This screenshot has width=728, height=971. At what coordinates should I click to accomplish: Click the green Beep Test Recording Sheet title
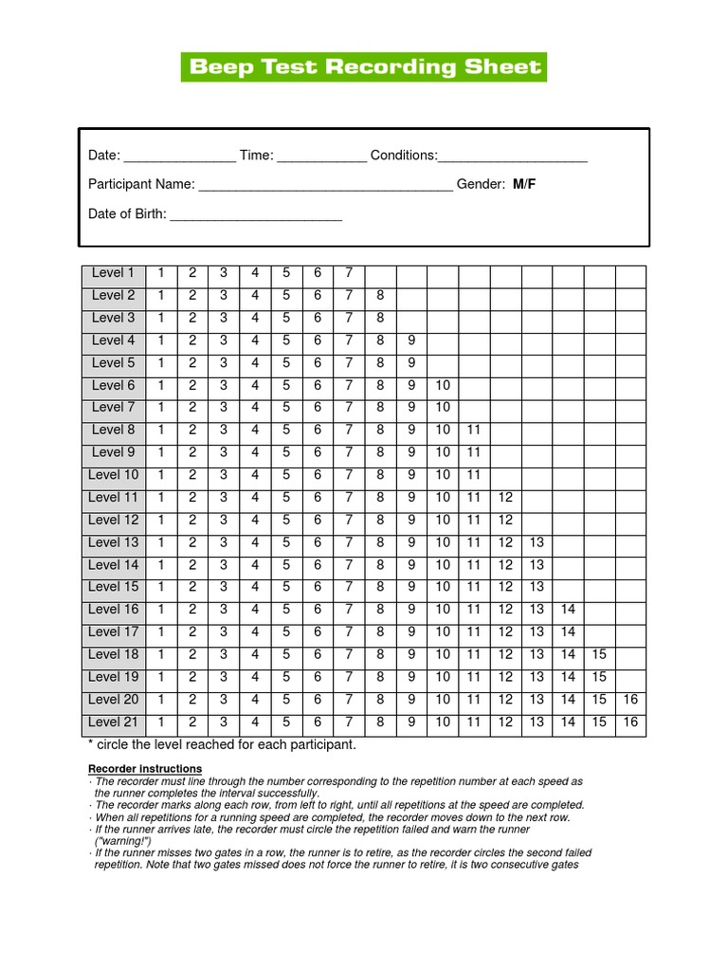point(364,67)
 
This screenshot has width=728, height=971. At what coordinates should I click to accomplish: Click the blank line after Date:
point(179,157)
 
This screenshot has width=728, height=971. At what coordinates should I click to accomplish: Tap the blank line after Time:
point(321,157)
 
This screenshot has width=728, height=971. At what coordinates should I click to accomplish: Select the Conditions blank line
point(513,157)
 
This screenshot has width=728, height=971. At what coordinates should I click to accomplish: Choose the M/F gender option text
point(524,184)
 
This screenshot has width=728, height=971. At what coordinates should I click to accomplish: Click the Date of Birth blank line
point(256,216)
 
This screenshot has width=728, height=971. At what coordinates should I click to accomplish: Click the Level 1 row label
point(113,273)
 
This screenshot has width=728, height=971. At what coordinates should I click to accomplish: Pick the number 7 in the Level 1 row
point(349,273)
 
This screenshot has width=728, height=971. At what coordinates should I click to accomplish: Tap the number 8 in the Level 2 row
point(380,296)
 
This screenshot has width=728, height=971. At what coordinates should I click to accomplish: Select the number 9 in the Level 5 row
point(411,363)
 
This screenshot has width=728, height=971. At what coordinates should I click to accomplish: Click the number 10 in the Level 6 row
point(443,385)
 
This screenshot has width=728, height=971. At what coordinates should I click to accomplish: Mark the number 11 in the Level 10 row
point(474,475)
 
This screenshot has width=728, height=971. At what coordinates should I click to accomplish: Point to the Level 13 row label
point(113,542)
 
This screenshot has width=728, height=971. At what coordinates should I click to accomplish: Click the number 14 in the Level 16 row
point(568,610)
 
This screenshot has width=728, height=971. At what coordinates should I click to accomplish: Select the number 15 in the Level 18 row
point(599,654)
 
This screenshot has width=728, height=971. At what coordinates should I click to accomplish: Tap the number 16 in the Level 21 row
point(630,723)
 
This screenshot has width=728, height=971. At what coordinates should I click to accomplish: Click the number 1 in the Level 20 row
point(161,700)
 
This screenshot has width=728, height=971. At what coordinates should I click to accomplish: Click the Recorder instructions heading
point(145,768)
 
